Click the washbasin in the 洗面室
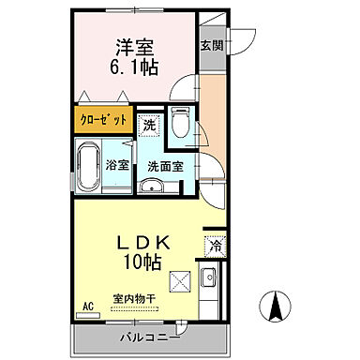click(x=150, y=186)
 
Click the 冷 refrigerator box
click(x=213, y=247)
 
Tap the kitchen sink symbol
click(x=209, y=277)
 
